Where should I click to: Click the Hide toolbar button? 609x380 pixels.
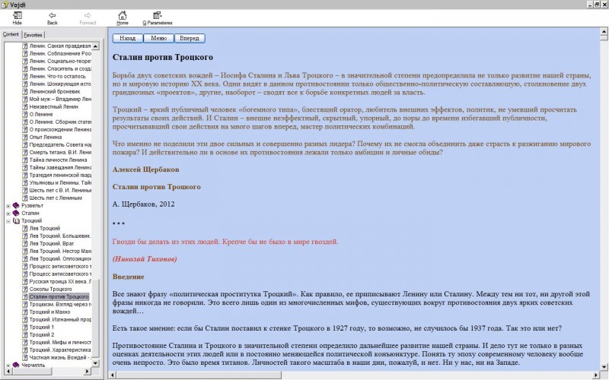[18, 17]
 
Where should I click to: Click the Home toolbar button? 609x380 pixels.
[123, 17]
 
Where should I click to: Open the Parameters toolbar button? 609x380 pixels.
[158, 17]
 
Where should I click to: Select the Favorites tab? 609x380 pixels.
[33, 35]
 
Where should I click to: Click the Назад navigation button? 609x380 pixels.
[128, 38]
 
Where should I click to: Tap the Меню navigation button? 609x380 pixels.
[158, 38]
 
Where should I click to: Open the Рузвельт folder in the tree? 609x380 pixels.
[32, 205]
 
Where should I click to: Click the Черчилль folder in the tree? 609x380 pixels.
[33, 365]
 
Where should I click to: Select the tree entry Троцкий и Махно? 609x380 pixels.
[53, 312]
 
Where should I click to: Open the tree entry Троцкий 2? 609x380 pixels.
[42, 334]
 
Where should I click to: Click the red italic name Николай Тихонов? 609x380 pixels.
[145, 259]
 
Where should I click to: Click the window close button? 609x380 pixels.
[601, 4]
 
